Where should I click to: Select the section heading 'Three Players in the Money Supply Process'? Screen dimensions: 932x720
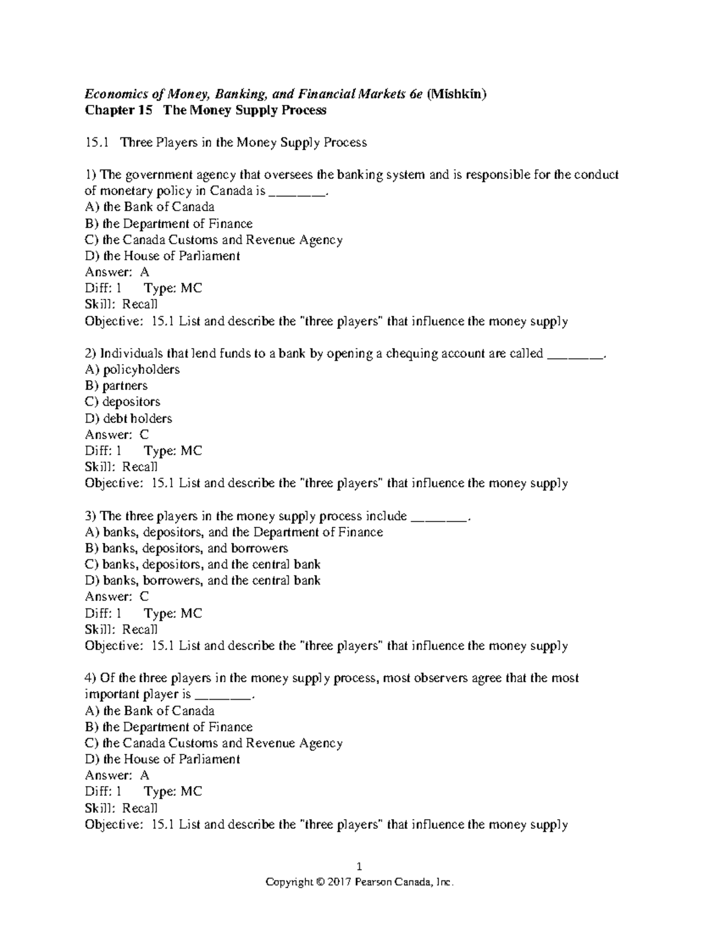(243, 142)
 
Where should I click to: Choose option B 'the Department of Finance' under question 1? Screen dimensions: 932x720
(169, 224)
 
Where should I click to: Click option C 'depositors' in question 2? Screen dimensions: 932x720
(122, 401)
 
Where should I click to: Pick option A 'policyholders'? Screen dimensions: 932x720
(132, 369)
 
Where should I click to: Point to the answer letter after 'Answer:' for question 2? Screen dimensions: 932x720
(144, 434)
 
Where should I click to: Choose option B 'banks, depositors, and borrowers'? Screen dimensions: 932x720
(187, 548)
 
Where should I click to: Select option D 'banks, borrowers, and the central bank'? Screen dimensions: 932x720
(203, 580)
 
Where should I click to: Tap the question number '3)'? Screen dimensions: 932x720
(91, 516)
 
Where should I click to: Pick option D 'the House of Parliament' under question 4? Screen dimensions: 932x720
(163, 759)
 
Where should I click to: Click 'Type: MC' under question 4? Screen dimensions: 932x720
(173, 792)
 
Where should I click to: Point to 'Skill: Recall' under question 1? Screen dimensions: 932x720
(121, 304)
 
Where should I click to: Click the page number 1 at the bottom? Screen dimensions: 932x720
(359, 866)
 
